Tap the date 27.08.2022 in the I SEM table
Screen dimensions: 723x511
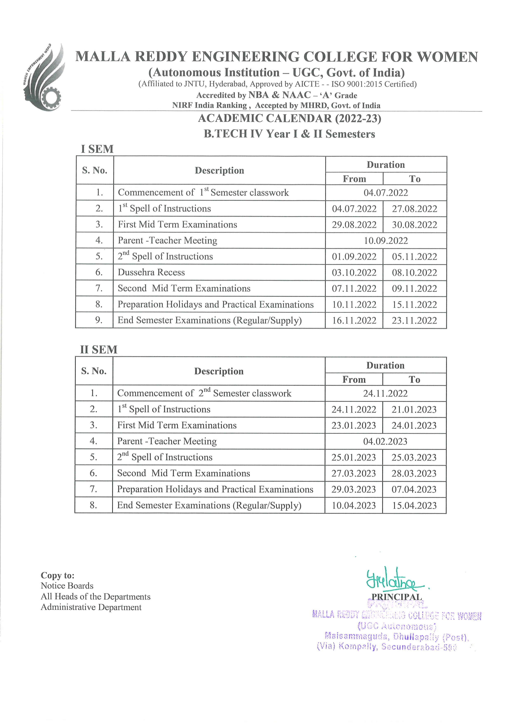[x=414, y=209]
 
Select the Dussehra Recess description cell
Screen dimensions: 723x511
[x=151, y=272]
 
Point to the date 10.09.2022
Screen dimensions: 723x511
[x=386, y=241]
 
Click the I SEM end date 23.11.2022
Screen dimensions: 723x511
[x=414, y=321]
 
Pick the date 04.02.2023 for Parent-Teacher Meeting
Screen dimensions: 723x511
[x=385, y=441]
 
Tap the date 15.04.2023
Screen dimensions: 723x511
[x=414, y=506]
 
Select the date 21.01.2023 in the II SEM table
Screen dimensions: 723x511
[x=414, y=410]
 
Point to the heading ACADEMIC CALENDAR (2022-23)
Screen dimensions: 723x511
[x=289, y=119]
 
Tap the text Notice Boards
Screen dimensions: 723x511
[x=67, y=586]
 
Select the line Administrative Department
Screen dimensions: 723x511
[x=91, y=607]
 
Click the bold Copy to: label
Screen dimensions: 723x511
[x=57, y=575]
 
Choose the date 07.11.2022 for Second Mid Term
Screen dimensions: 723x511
[x=354, y=289]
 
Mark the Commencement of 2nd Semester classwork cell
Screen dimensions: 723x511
[x=204, y=393]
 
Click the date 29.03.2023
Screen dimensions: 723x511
[x=354, y=490]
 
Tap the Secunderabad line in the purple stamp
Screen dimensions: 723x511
[x=387, y=647]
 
